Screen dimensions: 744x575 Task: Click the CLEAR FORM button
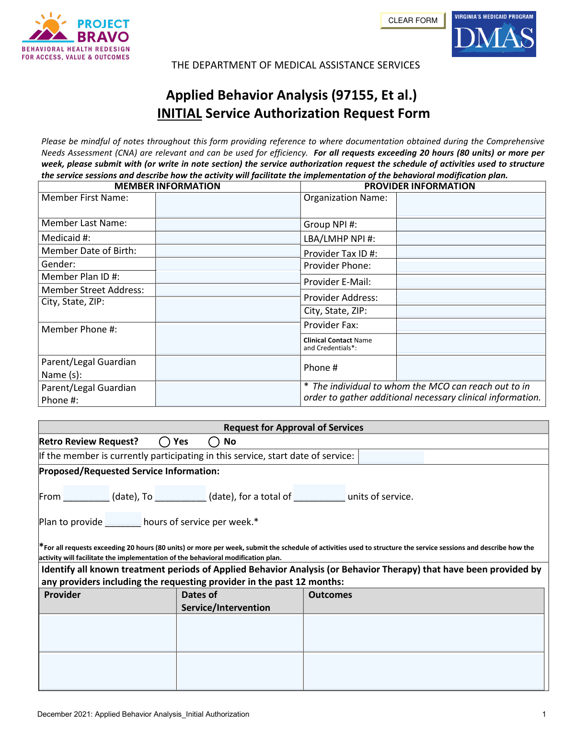point(413,21)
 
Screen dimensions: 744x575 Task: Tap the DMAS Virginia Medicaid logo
point(494,34)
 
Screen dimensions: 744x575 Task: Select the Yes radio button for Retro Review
point(165,442)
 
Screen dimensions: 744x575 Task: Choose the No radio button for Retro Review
point(214,442)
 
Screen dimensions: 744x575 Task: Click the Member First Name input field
point(228,205)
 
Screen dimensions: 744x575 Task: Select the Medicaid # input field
point(228,238)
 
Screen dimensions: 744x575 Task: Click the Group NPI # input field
point(471,224)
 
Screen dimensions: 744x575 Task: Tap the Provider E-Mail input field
point(471,282)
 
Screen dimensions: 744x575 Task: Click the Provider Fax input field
point(471,325)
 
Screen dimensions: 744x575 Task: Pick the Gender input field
point(228,264)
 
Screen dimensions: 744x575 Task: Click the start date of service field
point(391,457)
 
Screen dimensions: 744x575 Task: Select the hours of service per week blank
point(123,520)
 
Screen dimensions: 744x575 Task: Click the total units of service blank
point(319,493)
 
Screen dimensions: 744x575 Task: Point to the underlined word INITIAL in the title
point(179,114)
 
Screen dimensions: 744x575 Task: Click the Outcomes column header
point(330,595)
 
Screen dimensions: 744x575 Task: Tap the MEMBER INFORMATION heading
point(167,186)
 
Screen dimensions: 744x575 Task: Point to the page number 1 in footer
point(544,714)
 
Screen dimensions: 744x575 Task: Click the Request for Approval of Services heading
point(293,427)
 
